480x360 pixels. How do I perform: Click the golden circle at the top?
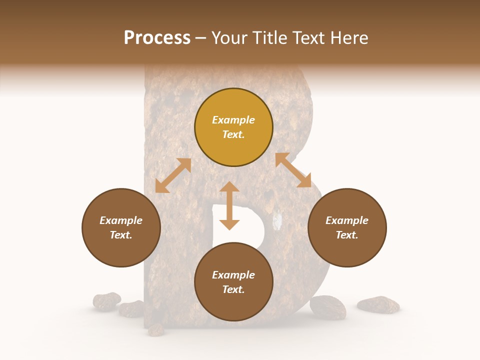click(233, 127)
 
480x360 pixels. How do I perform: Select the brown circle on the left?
click(121, 227)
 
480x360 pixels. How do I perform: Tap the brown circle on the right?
click(347, 227)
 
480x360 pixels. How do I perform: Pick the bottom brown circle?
click(233, 281)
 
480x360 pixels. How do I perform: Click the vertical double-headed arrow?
click(229, 205)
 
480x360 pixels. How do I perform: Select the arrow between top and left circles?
click(173, 175)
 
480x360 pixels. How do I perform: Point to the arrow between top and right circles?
click(293, 170)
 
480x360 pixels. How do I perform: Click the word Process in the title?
click(157, 38)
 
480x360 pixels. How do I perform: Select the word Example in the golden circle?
click(233, 120)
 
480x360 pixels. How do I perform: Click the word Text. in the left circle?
click(121, 235)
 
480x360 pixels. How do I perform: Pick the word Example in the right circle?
click(347, 220)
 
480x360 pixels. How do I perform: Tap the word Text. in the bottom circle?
click(233, 289)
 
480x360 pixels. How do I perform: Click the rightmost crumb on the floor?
click(378, 304)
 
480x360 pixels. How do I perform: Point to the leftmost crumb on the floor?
click(106, 301)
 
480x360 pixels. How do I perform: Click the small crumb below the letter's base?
click(156, 329)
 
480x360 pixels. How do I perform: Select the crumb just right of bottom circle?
click(328, 307)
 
